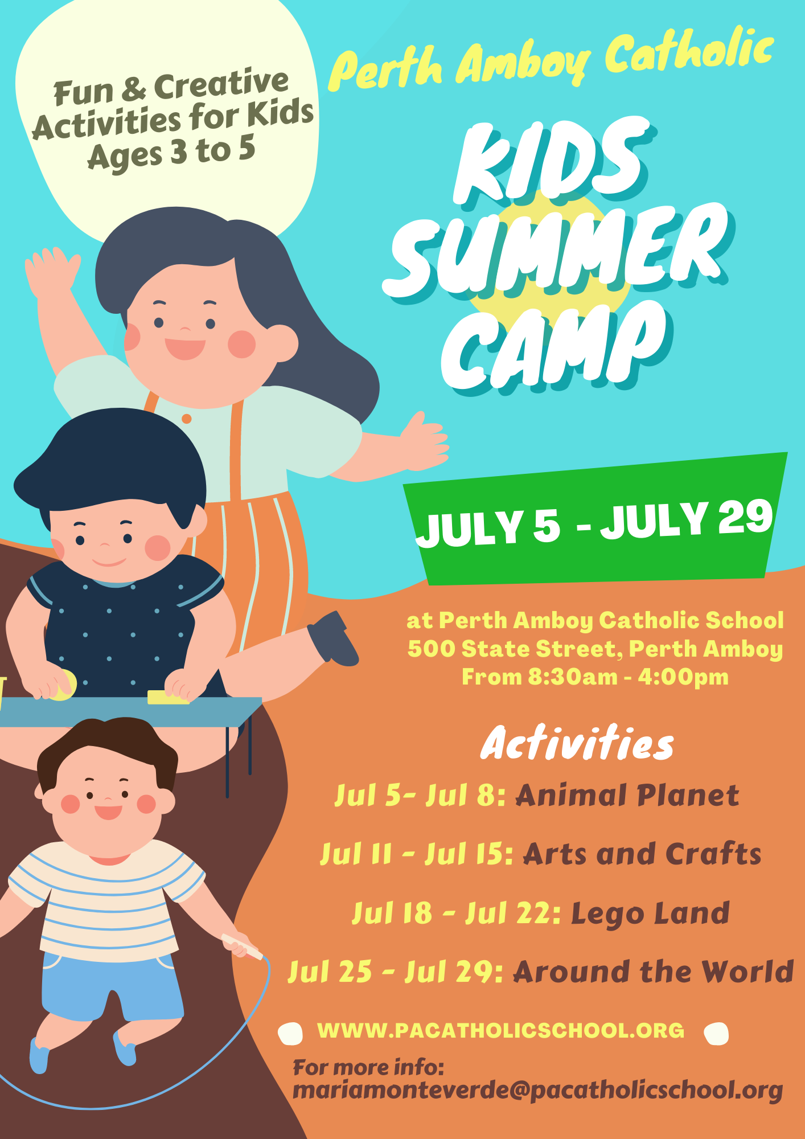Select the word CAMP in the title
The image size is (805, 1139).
pos(555,345)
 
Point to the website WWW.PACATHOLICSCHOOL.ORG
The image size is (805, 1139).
pos(501,1030)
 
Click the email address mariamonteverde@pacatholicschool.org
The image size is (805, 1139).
pos(537,1091)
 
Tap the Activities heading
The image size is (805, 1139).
pos(577,743)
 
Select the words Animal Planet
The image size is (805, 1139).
pos(627,795)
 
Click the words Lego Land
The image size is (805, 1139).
pos(650,914)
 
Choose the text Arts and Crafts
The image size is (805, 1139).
pos(642,854)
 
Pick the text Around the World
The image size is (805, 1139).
pos(654,972)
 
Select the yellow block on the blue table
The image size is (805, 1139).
pos(168,697)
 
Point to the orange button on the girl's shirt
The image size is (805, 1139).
pos(186,419)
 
